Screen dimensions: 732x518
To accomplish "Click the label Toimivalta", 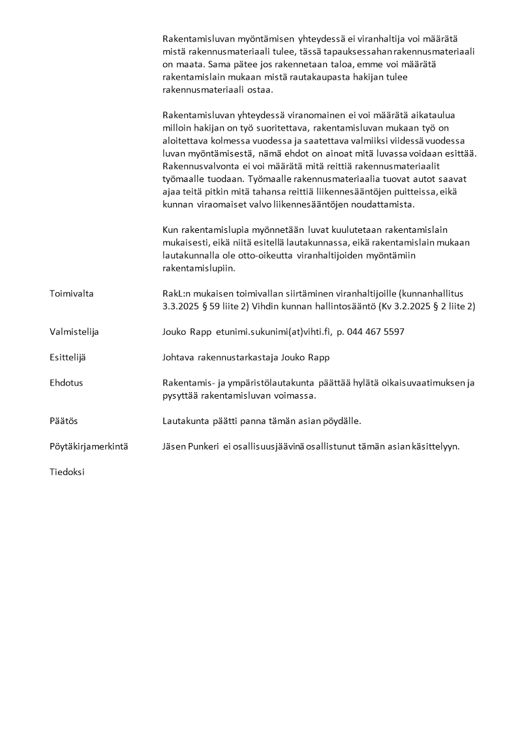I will point(71,294).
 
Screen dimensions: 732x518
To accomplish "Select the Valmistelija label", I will point(74,331).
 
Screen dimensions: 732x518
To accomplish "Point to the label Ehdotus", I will point(66,383).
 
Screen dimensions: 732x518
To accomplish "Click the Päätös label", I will point(63,421).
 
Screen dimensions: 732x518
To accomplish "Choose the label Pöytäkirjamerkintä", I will point(88,447).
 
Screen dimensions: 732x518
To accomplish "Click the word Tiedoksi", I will point(67,472).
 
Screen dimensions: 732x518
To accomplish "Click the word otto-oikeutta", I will point(267,255).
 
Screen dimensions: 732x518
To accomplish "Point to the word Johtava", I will point(178,358).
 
